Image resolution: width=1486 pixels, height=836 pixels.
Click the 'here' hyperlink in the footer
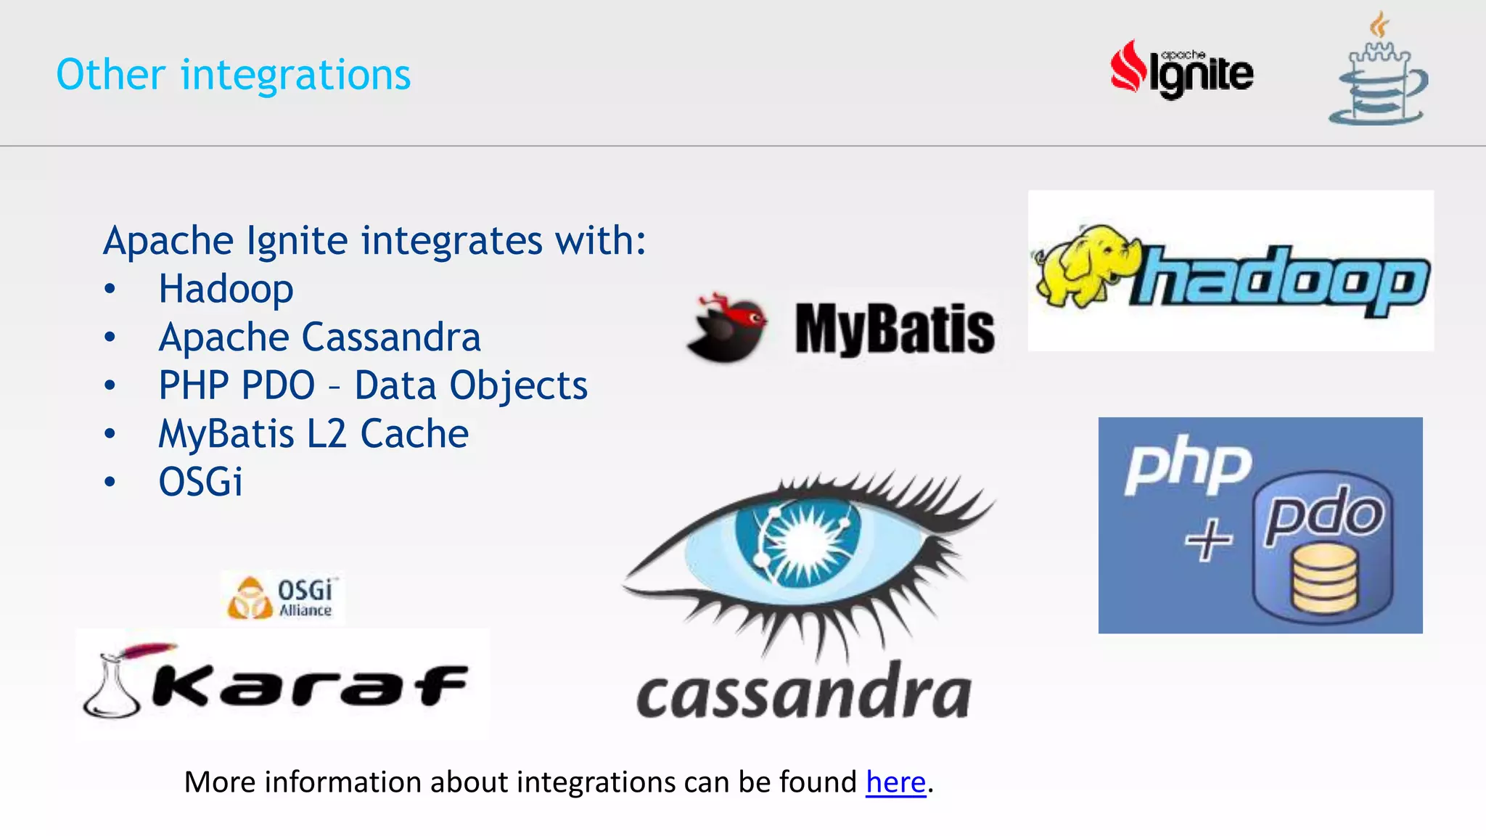tap(895, 782)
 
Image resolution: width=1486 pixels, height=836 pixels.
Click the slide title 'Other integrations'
tap(233, 75)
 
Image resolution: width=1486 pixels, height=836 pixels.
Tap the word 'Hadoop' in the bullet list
tap(226, 289)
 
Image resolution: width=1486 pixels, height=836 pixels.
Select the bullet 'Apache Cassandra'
tap(319, 337)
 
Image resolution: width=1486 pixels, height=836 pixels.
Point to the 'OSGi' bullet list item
tap(200, 482)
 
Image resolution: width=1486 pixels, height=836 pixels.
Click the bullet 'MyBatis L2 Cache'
tap(313, 434)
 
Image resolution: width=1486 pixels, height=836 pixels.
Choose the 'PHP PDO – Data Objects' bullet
tap(373, 385)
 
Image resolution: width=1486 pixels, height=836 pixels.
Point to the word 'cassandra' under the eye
tap(803, 694)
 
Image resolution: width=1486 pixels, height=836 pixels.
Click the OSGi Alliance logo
tap(282, 597)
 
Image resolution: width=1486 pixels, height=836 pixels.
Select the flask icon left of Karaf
tap(111, 686)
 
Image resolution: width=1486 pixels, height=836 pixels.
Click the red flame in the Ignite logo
tap(1128, 67)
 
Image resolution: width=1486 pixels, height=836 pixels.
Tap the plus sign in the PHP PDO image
tap(1208, 539)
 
